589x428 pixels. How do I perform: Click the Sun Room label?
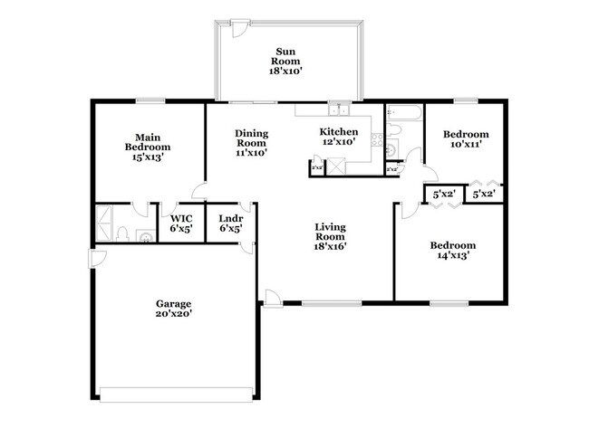[x=289, y=61]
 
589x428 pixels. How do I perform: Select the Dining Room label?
[x=251, y=143]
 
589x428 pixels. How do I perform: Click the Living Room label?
[x=332, y=236]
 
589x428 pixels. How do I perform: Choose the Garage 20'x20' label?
[x=172, y=309]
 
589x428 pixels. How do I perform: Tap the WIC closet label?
[x=181, y=223]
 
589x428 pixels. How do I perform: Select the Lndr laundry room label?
[x=230, y=223]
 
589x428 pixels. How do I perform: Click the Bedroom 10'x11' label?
[x=465, y=138]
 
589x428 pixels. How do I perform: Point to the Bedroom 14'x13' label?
[x=452, y=251]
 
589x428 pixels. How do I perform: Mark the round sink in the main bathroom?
[x=144, y=237]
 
